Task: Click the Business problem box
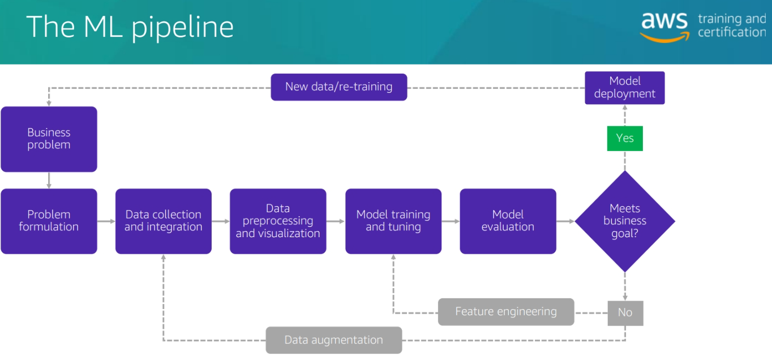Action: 49,139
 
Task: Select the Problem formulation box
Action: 49,221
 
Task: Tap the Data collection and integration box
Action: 163,221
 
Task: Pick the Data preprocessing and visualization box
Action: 278,221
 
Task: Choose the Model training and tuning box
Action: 393,221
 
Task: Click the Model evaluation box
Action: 508,221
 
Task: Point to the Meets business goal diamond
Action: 625,221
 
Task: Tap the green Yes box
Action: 625,138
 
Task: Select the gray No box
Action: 625,312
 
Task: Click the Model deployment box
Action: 624,88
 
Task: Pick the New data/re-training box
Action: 338,87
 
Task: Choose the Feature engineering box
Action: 506,312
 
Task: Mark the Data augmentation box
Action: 334,340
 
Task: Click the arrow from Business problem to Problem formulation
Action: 49,180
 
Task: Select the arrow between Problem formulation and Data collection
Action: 106,221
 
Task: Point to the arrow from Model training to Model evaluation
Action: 451,221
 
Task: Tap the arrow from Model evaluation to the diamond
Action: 565,221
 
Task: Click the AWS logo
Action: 665,26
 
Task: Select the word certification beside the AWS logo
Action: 731,33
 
